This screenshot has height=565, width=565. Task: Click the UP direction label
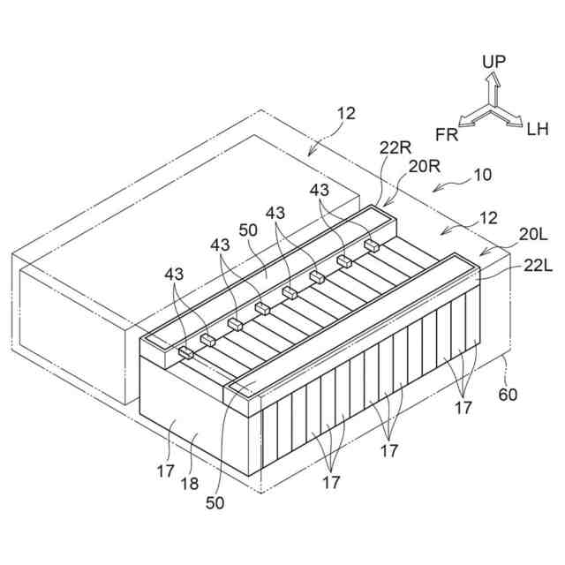pyautogui.click(x=493, y=62)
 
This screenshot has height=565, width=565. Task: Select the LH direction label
pyautogui.click(x=537, y=130)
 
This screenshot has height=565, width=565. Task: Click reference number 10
pyautogui.click(x=482, y=175)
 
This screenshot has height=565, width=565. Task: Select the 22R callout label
pyautogui.click(x=395, y=150)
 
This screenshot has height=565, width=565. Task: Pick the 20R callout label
pyautogui.click(x=422, y=165)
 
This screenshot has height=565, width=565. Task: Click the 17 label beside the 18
pyautogui.click(x=166, y=471)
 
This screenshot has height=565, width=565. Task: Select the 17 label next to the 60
pyautogui.click(x=463, y=408)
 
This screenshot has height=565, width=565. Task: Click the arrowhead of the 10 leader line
pyautogui.click(x=433, y=188)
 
